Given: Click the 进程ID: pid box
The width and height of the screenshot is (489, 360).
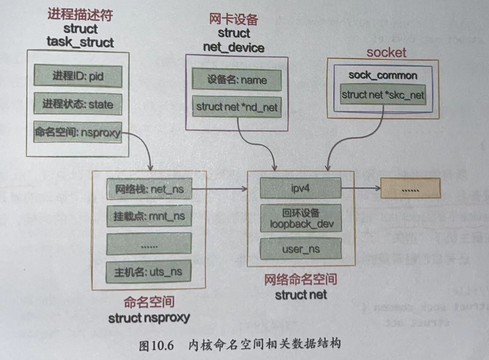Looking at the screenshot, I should (77, 75).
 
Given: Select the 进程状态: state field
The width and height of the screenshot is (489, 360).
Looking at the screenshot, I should (77, 103).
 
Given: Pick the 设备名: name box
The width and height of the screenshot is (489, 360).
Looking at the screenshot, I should (237, 80).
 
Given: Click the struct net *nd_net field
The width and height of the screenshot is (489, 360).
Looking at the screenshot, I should (237, 107).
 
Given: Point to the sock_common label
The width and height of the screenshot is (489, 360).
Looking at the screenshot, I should (383, 75).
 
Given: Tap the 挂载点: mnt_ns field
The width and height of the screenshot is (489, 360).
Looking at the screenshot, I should (149, 216).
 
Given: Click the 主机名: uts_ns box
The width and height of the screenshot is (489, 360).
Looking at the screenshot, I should (149, 272).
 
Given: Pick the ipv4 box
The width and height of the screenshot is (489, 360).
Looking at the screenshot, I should (299, 189).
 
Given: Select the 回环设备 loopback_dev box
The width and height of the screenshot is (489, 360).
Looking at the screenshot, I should (299, 219).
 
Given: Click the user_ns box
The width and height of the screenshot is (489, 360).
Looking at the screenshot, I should (299, 250).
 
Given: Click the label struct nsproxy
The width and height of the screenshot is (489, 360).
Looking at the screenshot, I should (149, 318).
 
